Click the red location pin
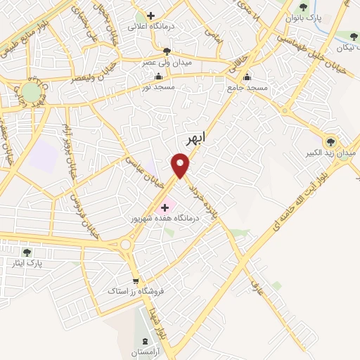pyautogui.click(x=181, y=166)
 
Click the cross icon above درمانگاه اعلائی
pyautogui.click(x=150, y=15)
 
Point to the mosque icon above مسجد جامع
pyautogui.click(x=246, y=77)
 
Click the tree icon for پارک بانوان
pyautogui.click(x=303, y=7)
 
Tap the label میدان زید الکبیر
pyautogui.click(x=335, y=152)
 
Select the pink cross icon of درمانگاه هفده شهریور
pyautogui.click(x=165, y=207)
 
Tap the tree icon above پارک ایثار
pyautogui.click(x=27, y=252)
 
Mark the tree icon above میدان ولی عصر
pyautogui.click(x=166, y=51)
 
